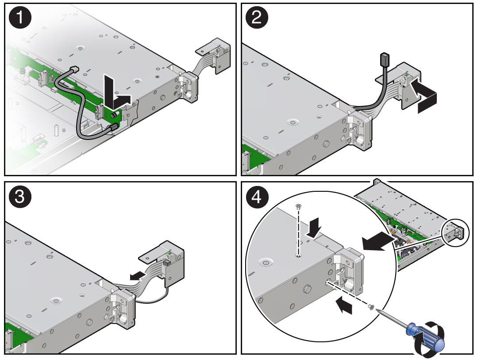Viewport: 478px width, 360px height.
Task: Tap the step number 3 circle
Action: point(20,197)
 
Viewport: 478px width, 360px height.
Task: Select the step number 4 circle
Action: point(257,197)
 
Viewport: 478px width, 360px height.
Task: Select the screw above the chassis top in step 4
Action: point(298,206)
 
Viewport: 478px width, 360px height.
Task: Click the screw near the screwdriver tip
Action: point(371,306)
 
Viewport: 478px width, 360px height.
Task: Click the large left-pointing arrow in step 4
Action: point(376,240)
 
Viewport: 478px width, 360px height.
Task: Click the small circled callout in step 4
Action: point(453,232)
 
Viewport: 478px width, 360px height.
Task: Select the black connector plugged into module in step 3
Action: point(166,263)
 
